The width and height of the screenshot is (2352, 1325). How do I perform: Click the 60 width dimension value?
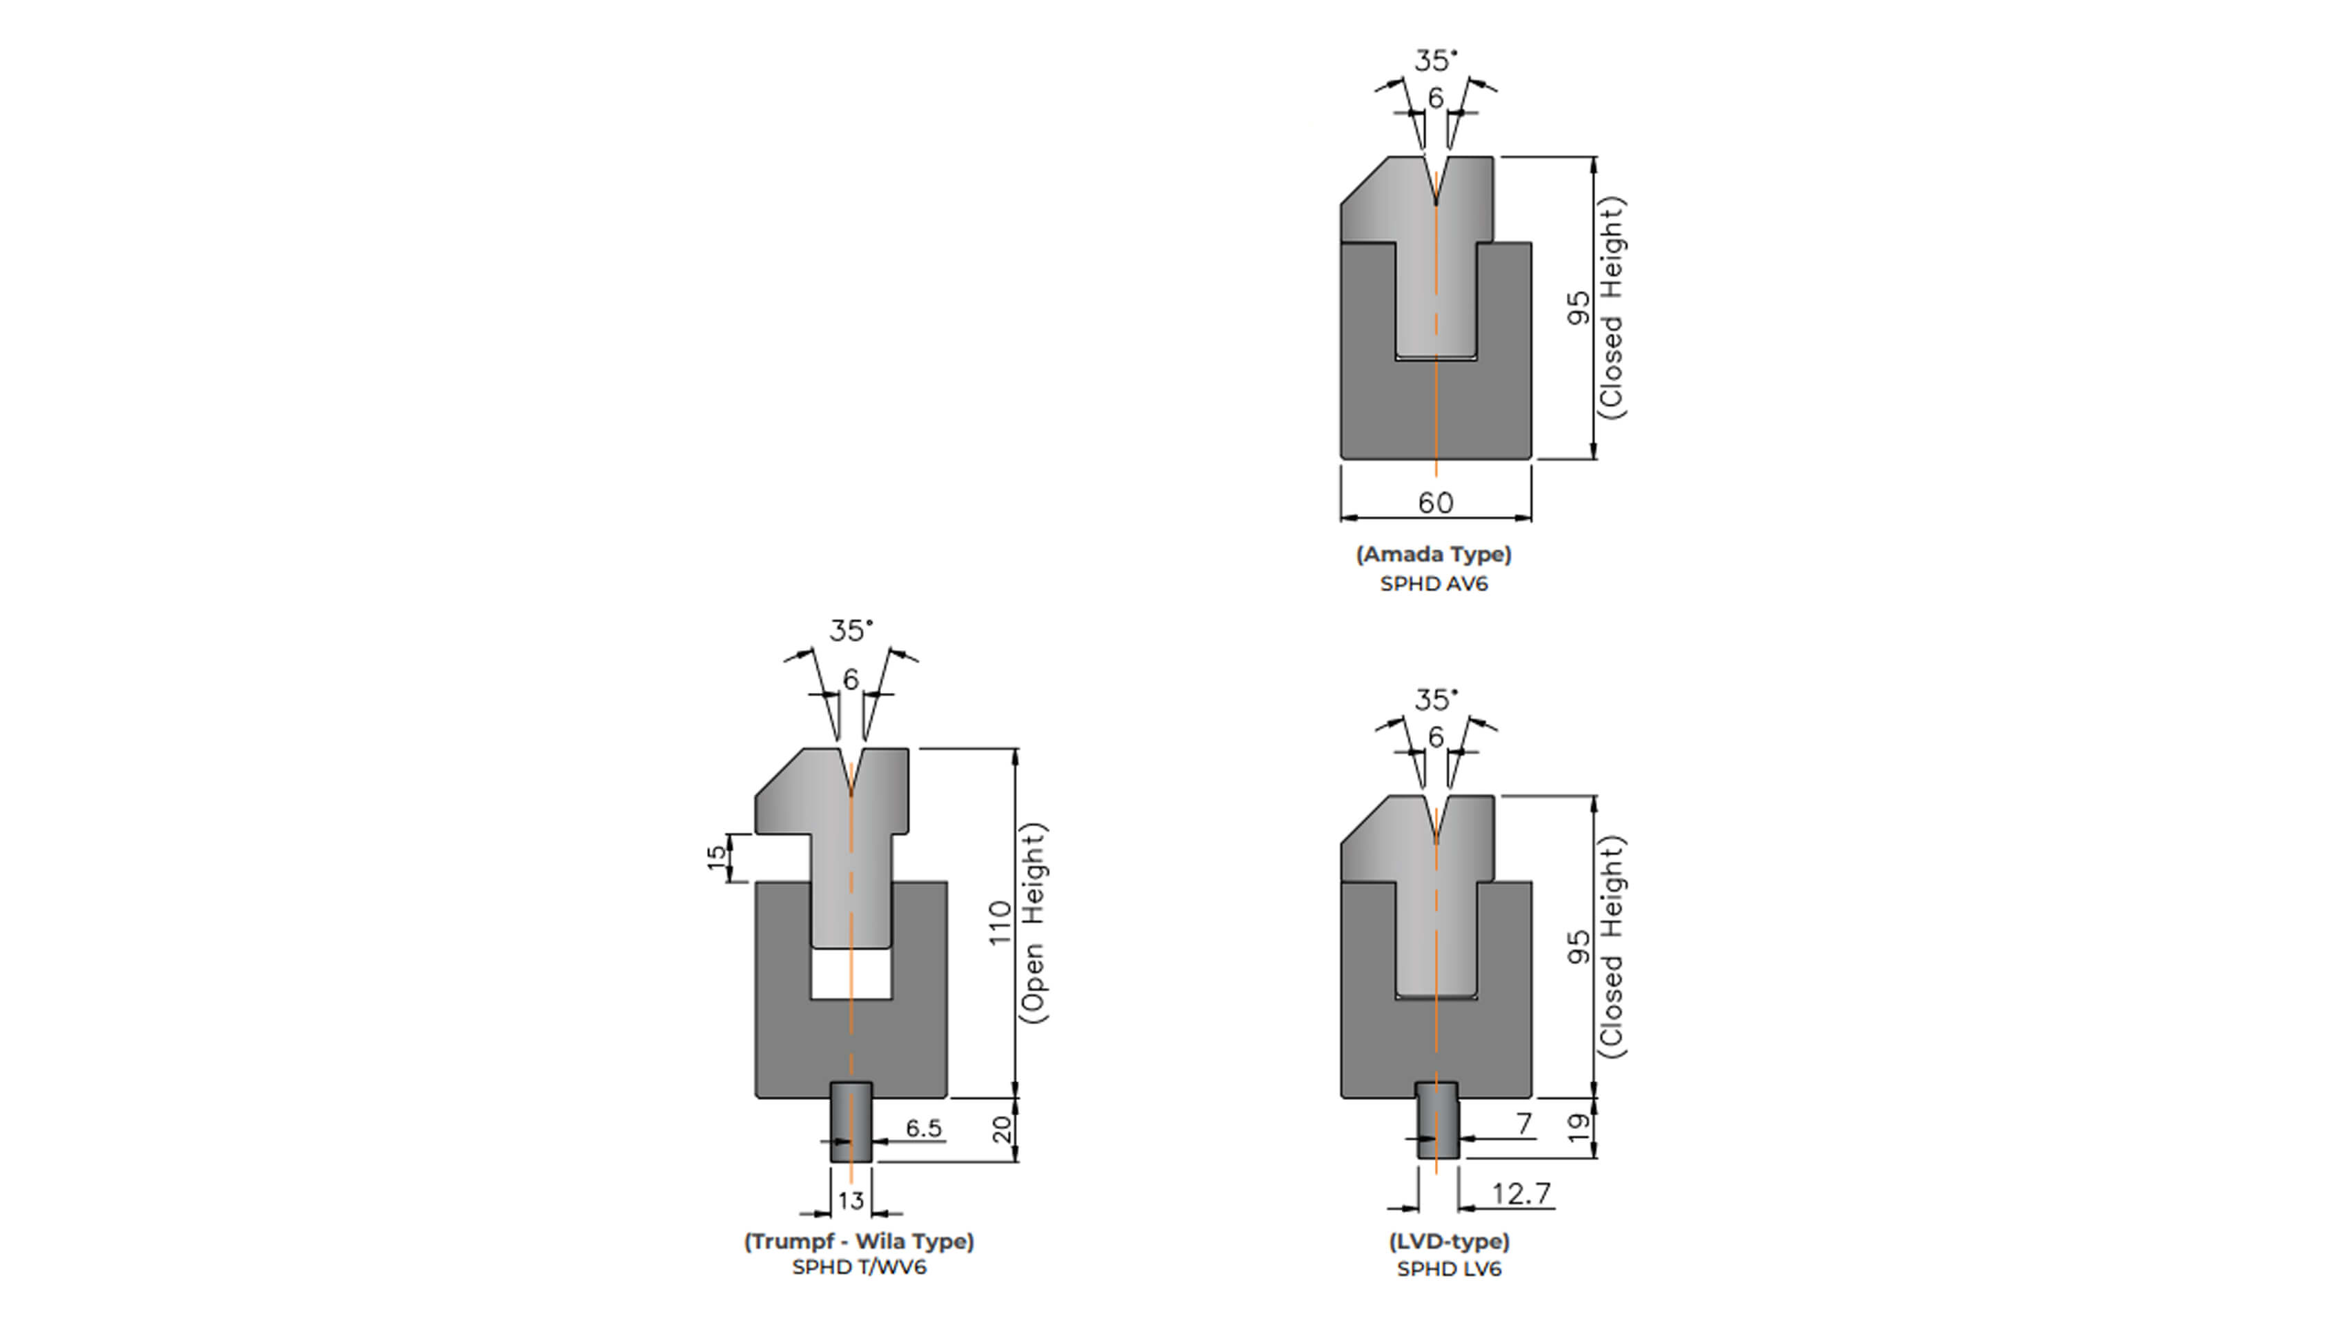tap(1435, 502)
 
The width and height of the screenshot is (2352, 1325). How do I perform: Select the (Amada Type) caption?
tap(1434, 554)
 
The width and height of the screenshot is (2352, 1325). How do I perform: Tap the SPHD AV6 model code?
tap(1434, 584)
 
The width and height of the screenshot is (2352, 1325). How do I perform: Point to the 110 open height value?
tap(1000, 923)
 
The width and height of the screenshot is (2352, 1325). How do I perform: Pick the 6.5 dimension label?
tap(923, 1129)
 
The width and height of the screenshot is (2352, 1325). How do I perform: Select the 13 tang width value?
tap(851, 1201)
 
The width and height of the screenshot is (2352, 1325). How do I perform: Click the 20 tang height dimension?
tap(1002, 1130)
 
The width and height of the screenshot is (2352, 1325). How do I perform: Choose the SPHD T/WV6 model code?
tap(859, 1268)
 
